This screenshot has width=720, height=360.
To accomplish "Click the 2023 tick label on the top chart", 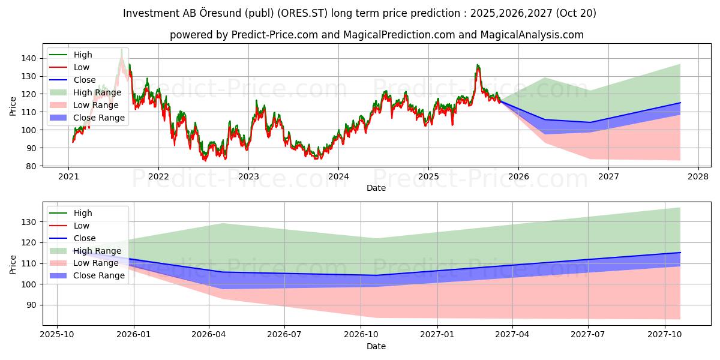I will tap(248, 177).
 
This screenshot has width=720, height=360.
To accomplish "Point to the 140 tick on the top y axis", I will tap(30, 58).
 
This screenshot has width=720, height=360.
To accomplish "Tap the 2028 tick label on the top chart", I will tap(698, 177).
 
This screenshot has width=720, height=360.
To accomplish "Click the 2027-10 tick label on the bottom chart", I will tap(664, 335).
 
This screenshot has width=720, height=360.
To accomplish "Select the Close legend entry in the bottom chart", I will tap(85, 238).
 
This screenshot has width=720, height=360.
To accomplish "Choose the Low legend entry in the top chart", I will tap(82, 67).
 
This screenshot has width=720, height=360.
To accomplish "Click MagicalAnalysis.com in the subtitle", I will tap(532, 35).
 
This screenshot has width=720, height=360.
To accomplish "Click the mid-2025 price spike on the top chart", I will tap(478, 65).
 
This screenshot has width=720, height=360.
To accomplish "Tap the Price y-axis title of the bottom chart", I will tap(13, 264).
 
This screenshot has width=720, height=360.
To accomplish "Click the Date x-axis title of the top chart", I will tap(376, 188).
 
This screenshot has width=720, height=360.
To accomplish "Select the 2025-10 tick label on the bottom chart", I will tap(57, 335).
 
